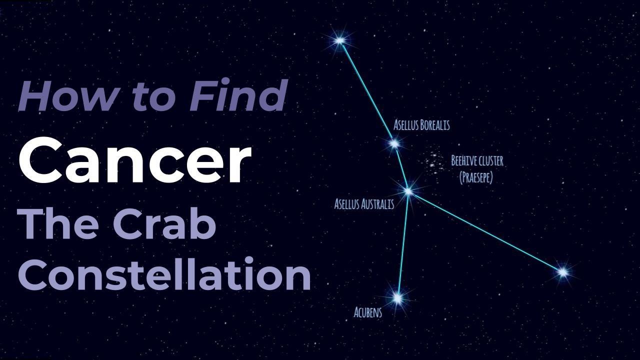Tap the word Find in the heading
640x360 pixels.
pyautogui.click(x=238, y=94)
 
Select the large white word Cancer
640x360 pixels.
pyautogui.click(x=135, y=161)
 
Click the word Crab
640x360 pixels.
pyautogui.click(x=164, y=224)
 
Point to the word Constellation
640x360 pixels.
pyautogui.click(x=164, y=273)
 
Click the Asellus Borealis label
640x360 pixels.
pyautogui.click(x=421, y=125)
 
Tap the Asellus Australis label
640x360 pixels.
pyautogui.click(x=364, y=204)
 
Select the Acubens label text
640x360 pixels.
pyautogui.click(x=367, y=312)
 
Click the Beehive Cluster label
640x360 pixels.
pyautogui.click(x=477, y=161)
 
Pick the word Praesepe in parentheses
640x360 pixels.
pyautogui.click(x=476, y=178)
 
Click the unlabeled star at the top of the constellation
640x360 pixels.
pyautogui.click(x=339, y=41)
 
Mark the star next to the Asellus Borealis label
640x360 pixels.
pyautogui.click(x=394, y=143)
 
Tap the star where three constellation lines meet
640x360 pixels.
pyautogui.click(x=408, y=191)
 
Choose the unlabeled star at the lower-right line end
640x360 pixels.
pyautogui.click(x=562, y=272)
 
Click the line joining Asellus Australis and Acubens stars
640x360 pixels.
pyautogui.click(x=403, y=244)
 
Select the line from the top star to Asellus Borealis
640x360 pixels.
pyautogui.click(x=367, y=92)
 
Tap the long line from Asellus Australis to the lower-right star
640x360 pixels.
pyautogui.click(x=485, y=231)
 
